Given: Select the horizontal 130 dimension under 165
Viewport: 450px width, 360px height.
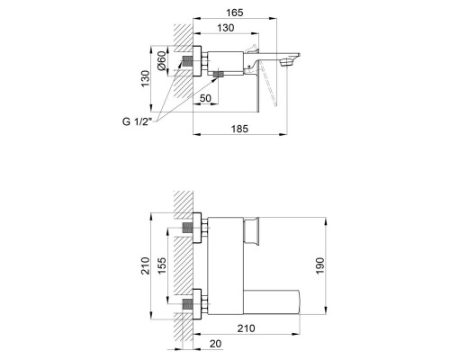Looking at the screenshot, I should click(227, 29).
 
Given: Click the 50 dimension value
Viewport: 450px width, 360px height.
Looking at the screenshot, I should click(205, 96).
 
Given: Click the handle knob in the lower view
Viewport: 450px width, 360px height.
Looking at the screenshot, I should click(255, 230).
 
